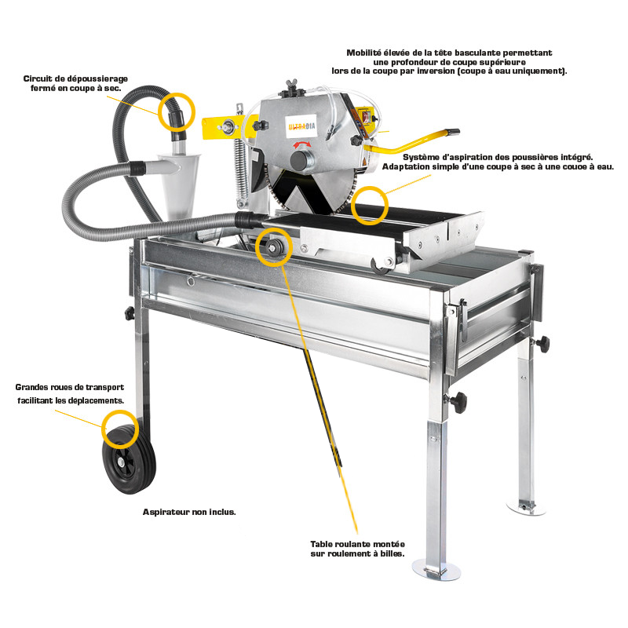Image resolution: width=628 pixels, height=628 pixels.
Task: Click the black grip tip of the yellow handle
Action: (451, 131)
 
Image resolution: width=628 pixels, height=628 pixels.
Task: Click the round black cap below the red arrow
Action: (299, 160)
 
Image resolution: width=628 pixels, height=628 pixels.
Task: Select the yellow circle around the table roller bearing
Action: (274, 247)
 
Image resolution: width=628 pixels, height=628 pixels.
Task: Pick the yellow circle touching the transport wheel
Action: (120, 428)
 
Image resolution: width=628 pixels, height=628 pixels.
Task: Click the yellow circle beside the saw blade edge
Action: (368, 206)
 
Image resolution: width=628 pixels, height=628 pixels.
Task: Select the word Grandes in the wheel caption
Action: (35, 387)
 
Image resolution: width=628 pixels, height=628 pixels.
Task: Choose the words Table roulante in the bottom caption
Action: (343, 543)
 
